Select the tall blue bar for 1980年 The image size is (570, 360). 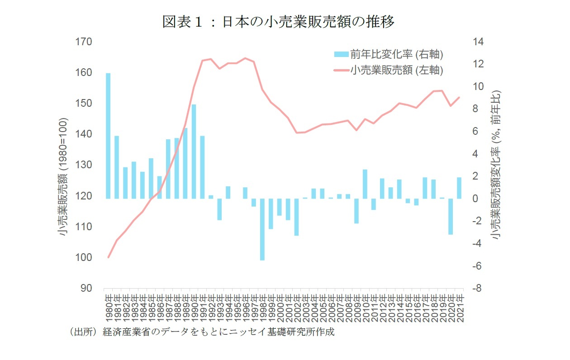(108, 136)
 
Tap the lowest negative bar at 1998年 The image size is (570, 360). (262, 229)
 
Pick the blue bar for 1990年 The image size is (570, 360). (194, 152)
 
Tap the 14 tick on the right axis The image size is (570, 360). (478, 42)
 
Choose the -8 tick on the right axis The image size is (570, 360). (478, 289)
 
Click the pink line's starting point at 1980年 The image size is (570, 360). (108, 257)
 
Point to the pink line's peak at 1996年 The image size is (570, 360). (245, 58)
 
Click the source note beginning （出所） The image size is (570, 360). (202, 332)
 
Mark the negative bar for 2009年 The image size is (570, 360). (356, 211)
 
